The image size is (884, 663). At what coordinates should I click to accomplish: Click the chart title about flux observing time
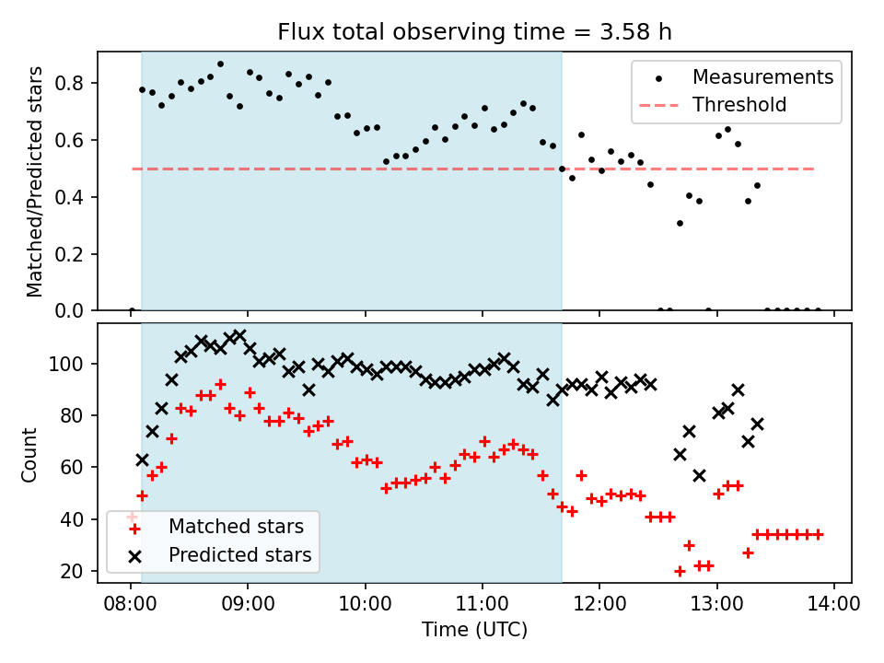(x=474, y=32)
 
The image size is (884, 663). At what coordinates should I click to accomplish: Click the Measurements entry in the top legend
(x=763, y=76)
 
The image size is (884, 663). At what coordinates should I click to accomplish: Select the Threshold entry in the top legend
(x=739, y=105)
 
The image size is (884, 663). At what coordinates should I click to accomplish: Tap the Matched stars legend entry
(x=236, y=528)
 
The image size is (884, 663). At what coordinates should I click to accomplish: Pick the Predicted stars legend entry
(x=239, y=555)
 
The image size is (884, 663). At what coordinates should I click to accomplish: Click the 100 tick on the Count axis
(x=72, y=364)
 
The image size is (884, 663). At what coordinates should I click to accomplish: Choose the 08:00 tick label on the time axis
(x=131, y=606)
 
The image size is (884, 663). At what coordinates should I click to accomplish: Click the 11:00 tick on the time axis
(x=483, y=606)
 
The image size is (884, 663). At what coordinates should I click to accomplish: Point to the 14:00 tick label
(x=834, y=606)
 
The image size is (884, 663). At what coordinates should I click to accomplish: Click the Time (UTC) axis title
(x=474, y=630)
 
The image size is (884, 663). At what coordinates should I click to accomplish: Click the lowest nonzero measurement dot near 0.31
(x=680, y=223)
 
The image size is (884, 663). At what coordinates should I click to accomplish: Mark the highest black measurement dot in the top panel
(x=220, y=64)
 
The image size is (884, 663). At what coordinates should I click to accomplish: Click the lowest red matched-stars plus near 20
(x=680, y=571)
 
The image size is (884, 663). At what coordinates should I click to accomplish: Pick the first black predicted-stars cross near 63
(x=142, y=459)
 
